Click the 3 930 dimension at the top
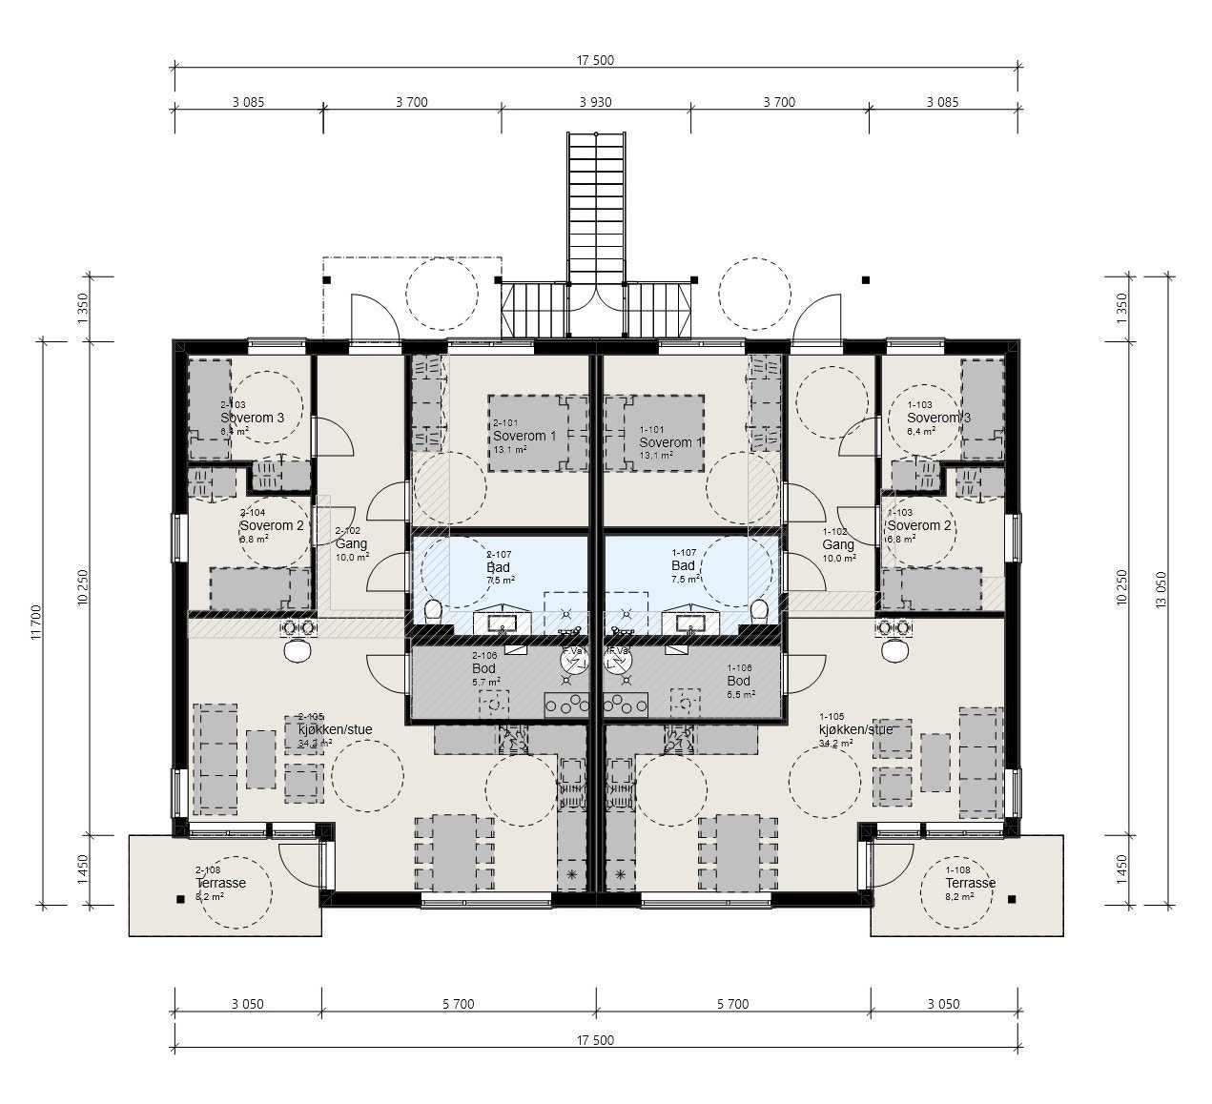coord(595,101)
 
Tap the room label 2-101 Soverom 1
coord(520,436)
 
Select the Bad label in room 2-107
coord(498,567)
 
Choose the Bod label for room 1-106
coord(738,681)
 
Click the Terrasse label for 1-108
coord(970,883)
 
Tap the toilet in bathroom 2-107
coord(432,611)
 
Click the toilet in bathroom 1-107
coord(760,611)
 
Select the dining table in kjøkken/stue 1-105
coord(729,851)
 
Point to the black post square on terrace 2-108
coord(179,898)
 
